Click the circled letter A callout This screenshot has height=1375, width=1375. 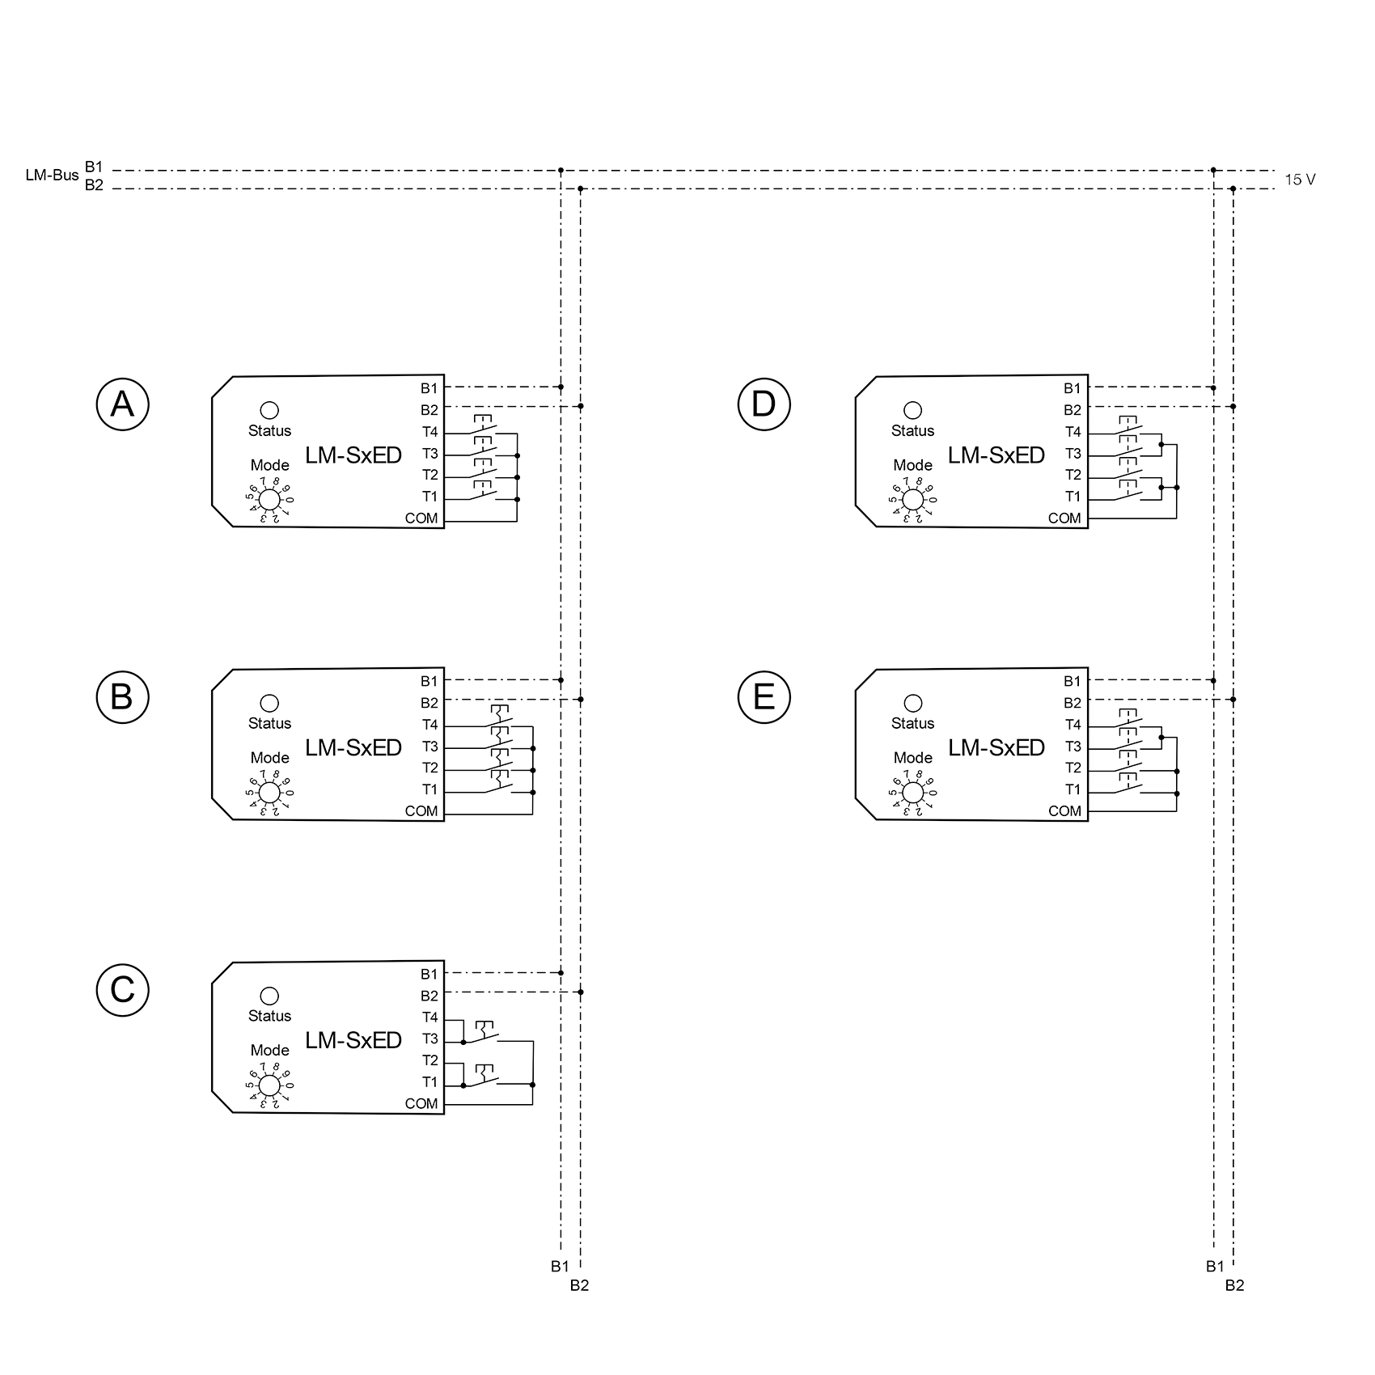coord(122,404)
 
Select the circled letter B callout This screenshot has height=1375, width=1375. coord(122,696)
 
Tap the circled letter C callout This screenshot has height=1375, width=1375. coord(122,989)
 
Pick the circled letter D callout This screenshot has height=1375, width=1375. coord(764,404)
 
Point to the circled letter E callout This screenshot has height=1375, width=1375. coord(764,696)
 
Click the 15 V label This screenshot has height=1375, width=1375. coord(1300,180)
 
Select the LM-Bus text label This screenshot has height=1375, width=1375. coord(52,176)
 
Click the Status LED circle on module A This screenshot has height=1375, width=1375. coord(269,410)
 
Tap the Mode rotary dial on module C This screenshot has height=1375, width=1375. coord(269,1085)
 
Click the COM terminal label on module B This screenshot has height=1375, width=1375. coord(421,811)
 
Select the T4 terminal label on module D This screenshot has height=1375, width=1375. coord(1072,432)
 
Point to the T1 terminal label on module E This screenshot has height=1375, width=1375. coord(1072,789)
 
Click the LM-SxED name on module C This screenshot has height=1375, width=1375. coord(353,1040)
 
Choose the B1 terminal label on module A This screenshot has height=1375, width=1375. coord(429,388)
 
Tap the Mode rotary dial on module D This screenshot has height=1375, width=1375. coord(912,500)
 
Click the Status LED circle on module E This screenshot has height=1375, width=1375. coord(912,703)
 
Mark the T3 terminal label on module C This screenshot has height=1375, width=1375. coord(429,1039)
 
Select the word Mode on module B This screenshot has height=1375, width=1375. coord(269,758)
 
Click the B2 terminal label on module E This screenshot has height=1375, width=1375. coord(1072,703)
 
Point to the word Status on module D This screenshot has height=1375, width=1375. coord(912,431)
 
